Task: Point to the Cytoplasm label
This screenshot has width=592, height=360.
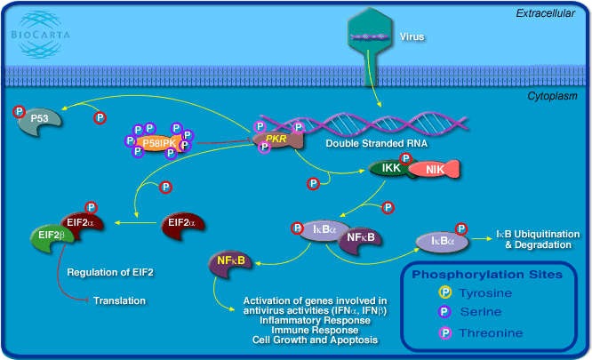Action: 552,93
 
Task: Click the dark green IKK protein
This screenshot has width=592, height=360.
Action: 388,167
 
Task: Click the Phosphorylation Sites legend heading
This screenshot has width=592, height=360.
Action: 487,275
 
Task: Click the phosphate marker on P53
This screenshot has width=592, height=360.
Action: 18,111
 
